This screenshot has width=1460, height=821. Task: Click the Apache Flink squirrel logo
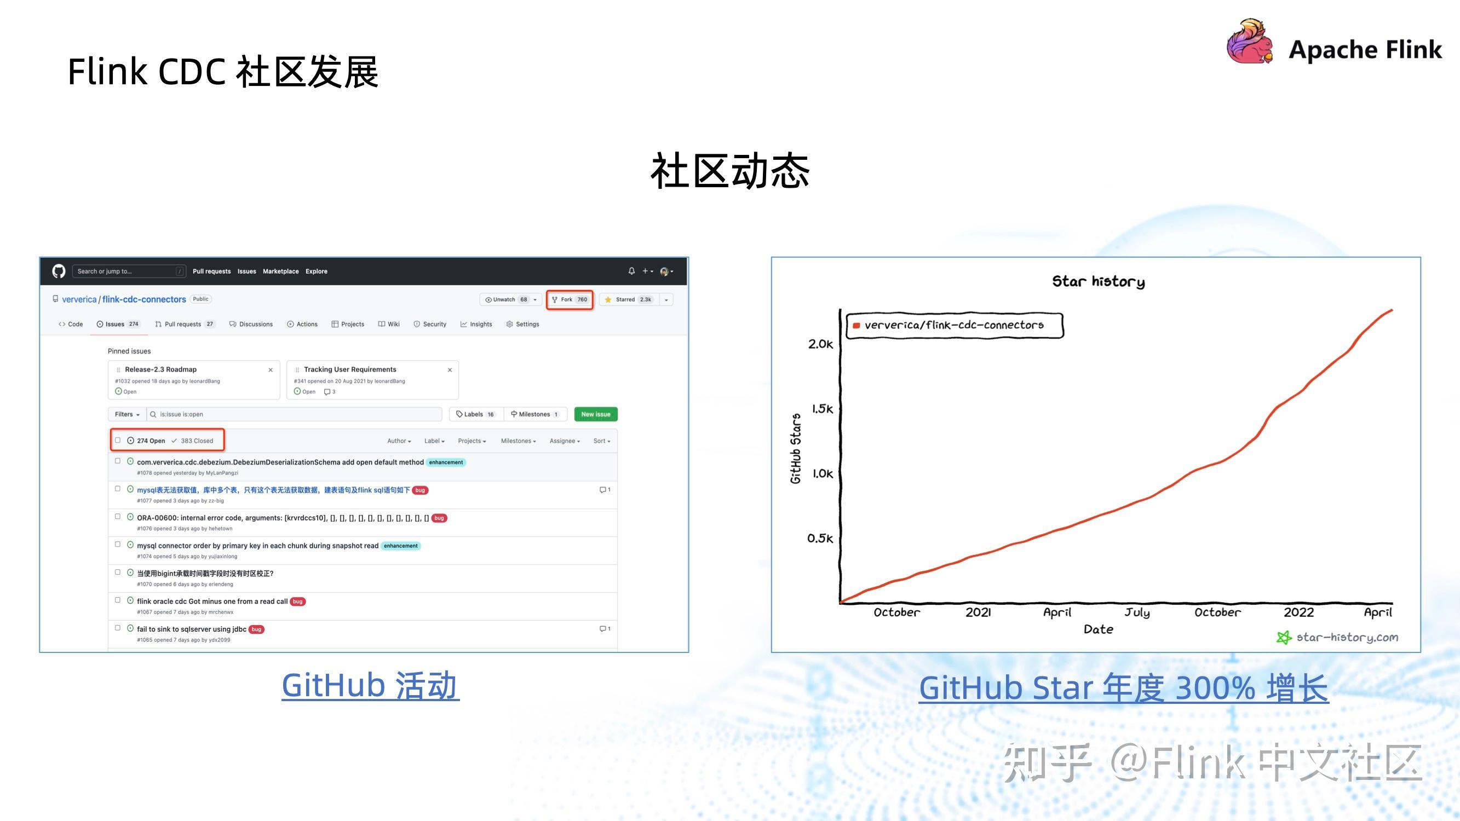pos(1249,43)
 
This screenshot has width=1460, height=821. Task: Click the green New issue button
pos(595,414)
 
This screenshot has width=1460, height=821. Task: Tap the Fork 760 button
pos(570,300)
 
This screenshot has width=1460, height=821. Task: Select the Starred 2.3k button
pos(629,300)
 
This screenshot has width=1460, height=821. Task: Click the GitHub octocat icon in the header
pos(59,271)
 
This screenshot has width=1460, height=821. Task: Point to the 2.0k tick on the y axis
pos(820,344)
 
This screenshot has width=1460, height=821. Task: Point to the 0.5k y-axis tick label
pos(820,538)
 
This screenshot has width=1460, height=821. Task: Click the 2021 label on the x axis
pos(978,612)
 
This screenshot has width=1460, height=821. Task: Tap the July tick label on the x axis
pos(1137,612)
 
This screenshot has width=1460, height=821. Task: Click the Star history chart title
pos(1098,281)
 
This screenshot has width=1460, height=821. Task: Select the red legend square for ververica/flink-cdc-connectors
pos(857,325)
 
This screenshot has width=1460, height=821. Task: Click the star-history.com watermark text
pos(1347,638)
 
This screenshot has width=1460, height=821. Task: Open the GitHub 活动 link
pos(371,686)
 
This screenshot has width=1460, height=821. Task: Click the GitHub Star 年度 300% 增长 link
pos(1123,688)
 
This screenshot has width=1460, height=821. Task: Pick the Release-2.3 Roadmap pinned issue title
pos(160,369)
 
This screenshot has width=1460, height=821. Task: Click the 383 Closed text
pos(196,441)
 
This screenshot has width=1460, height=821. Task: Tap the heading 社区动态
pos(729,171)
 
